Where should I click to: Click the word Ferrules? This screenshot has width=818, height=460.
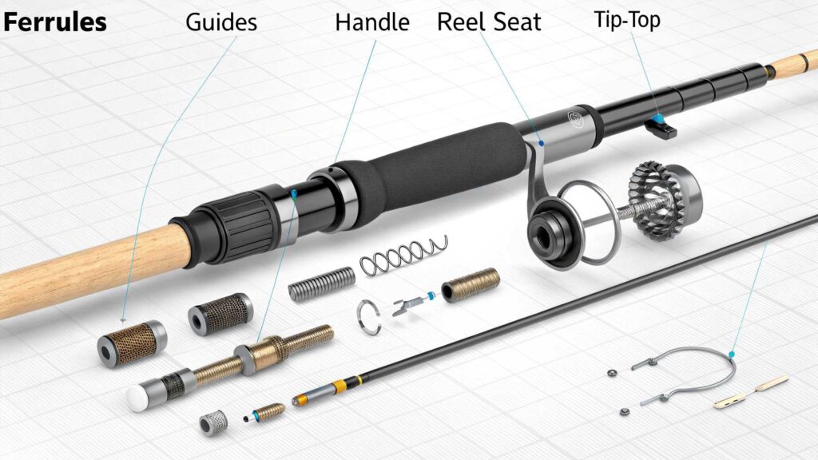(x=54, y=22)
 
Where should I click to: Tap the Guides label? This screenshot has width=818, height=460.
(x=221, y=22)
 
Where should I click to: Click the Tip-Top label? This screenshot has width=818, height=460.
(x=627, y=20)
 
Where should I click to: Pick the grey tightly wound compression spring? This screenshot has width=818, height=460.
(x=321, y=284)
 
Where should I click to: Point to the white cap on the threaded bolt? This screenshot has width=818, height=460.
(x=138, y=395)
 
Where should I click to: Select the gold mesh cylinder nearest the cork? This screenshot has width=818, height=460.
(x=127, y=342)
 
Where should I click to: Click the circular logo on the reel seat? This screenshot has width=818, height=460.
(x=574, y=120)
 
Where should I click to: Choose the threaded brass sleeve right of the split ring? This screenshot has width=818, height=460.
(x=471, y=284)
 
